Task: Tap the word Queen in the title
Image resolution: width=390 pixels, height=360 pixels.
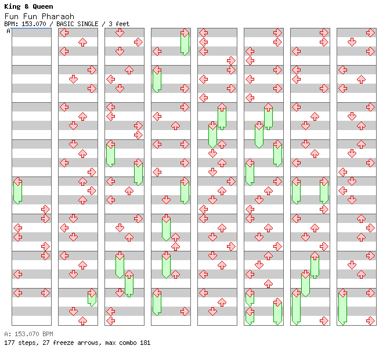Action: pyautogui.click(x=43, y=7)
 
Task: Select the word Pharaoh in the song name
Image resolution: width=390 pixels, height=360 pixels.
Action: pyautogui.click(x=58, y=16)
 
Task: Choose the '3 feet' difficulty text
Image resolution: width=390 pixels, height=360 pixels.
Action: pyautogui.click(x=119, y=24)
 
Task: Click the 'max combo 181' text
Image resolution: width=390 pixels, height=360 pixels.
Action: pyautogui.click(x=128, y=343)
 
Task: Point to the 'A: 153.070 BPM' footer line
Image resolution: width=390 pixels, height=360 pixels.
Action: pyautogui.click(x=28, y=334)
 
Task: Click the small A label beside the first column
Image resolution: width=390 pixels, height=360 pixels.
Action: pyautogui.click(x=8, y=31)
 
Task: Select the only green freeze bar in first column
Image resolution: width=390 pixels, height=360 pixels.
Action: pyautogui.click(x=17, y=191)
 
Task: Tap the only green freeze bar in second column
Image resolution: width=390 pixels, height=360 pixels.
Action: pyautogui.click(x=92, y=298)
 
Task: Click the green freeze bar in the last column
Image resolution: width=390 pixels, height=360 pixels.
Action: pyautogui.click(x=342, y=307)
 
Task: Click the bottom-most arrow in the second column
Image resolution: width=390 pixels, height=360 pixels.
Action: pyautogui.click(x=82, y=321)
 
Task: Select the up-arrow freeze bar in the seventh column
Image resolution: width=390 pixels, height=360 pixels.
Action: pyautogui.click(x=315, y=265)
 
